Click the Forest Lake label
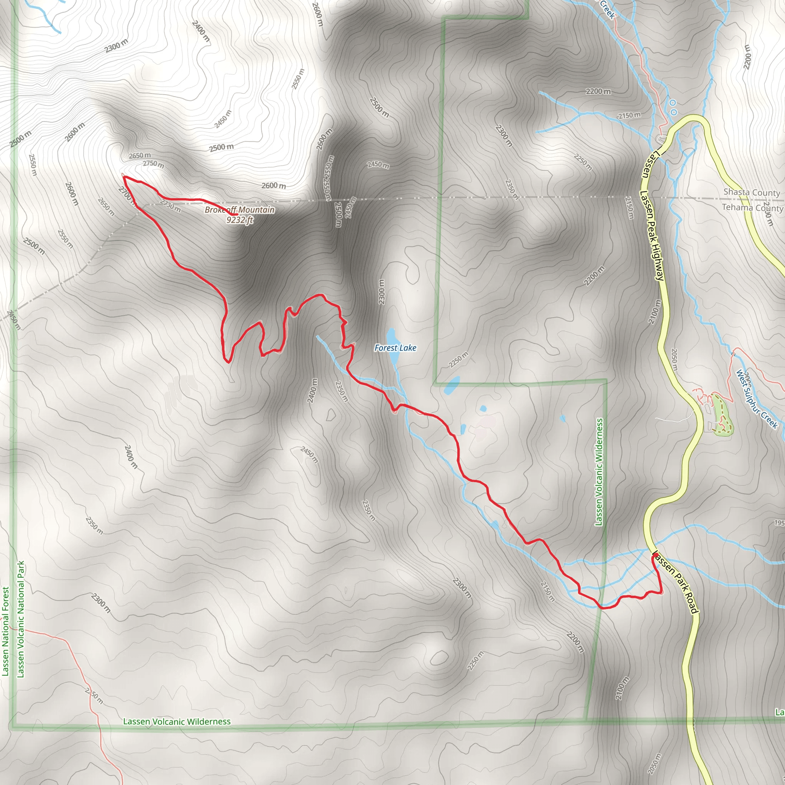395,348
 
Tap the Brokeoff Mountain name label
239,210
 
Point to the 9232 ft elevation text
240,220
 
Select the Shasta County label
751,192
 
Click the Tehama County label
752,208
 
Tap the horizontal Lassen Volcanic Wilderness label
177,722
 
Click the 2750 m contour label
154,164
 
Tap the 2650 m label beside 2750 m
140,156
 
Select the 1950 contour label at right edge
779,523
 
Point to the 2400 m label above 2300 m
201,31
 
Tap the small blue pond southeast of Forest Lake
452,385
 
